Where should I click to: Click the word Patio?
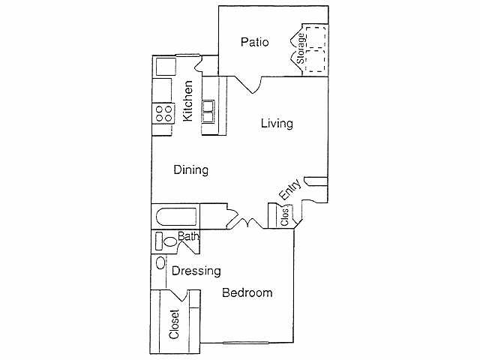tap(255, 42)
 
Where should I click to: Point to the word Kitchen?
tap(188, 101)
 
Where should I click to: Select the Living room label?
tap(276, 124)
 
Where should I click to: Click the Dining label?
tap(190, 170)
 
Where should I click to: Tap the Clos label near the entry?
tap(285, 217)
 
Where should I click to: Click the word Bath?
tap(188, 238)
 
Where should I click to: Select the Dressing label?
tap(196, 271)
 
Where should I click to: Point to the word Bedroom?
tap(247, 293)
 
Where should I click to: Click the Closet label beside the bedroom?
tap(175, 325)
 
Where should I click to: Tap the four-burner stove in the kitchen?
tap(163, 113)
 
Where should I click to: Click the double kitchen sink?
tap(209, 112)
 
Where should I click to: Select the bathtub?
tap(177, 217)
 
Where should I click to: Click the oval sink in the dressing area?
tap(160, 263)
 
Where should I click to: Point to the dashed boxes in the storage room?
tap(316, 49)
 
